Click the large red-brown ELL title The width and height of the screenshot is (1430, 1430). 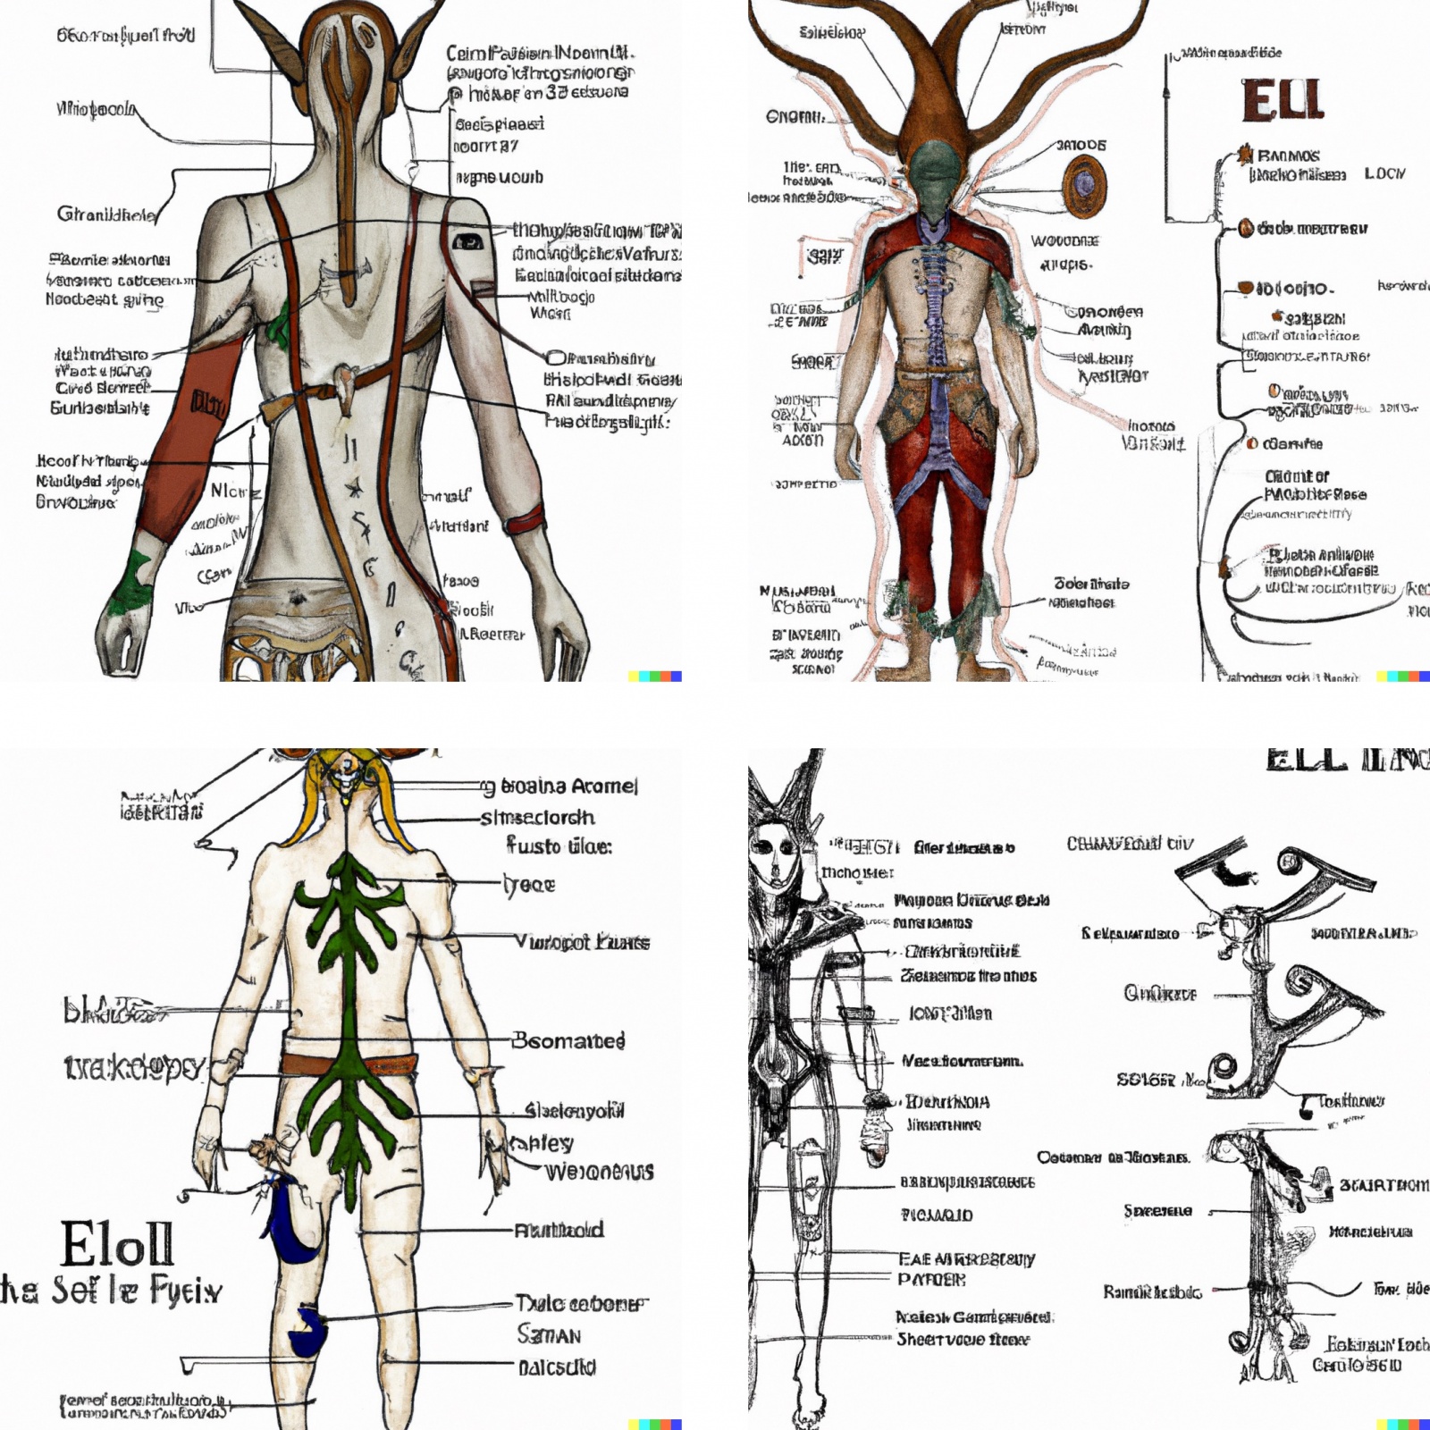pyautogui.click(x=1282, y=100)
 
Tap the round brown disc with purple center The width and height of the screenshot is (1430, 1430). pyautogui.click(x=1084, y=185)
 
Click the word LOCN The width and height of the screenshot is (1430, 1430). pyautogui.click(x=1384, y=173)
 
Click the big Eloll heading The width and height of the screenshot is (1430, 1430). pyautogui.click(x=117, y=1243)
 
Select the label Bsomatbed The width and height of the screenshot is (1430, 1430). pyautogui.click(x=568, y=1040)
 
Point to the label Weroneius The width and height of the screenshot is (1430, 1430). pyautogui.click(x=599, y=1171)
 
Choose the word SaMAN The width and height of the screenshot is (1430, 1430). pyautogui.click(x=549, y=1334)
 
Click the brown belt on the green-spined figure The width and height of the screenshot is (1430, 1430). pyautogui.click(x=349, y=1064)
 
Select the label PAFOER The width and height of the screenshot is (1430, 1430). pyautogui.click(x=931, y=1280)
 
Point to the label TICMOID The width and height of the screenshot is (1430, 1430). pyautogui.click(x=936, y=1215)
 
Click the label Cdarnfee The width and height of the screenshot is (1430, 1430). pyautogui.click(x=1291, y=443)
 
